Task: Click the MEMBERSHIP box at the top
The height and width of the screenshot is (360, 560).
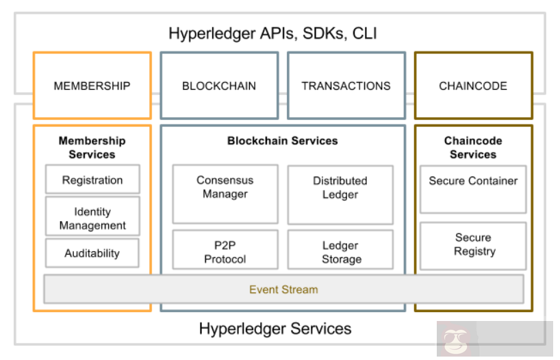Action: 92,86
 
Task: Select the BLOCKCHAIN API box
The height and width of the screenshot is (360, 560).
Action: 219,86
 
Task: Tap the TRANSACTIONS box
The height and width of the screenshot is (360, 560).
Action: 346,86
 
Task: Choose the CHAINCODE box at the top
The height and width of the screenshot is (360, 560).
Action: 473,86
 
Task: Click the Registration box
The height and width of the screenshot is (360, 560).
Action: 92,180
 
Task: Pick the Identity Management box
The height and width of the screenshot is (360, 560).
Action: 92,218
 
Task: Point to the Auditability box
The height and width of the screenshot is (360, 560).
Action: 92,253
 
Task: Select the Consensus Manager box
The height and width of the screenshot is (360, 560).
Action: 225,188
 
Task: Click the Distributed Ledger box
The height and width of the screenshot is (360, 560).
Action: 340,188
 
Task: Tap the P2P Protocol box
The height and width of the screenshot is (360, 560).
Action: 225,252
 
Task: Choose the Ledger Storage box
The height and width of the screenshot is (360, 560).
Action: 341,252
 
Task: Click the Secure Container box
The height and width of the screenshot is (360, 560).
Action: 473,181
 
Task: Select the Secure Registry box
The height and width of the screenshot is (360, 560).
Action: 473,244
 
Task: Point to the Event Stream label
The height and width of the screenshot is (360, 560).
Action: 283,290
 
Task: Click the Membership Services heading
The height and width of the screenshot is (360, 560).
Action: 92,147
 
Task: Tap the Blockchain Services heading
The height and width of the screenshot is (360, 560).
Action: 283,140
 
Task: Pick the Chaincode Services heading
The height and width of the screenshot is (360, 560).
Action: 473,147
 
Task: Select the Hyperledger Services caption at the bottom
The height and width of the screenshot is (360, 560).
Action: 275,329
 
